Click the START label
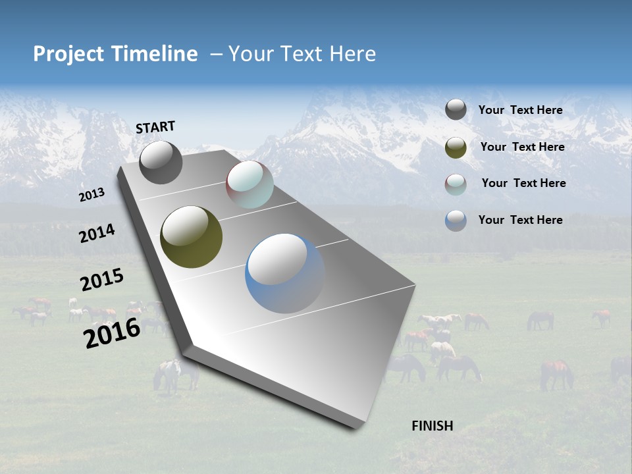tap(155, 127)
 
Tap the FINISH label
tap(432, 426)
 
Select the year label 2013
tap(92, 194)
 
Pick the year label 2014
tap(97, 233)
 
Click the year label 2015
tap(102, 280)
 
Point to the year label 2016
tap(112, 332)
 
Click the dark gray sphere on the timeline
tap(161, 162)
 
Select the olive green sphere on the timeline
tap(191, 237)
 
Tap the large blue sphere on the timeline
tap(284, 273)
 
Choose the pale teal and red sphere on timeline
tap(250, 184)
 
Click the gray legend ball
tap(456, 110)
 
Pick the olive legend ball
tap(456, 147)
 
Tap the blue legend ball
tap(456, 221)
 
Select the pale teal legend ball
tap(456, 184)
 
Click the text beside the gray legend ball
tap(520, 110)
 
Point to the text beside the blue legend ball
tap(520, 220)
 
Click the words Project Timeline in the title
tap(115, 54)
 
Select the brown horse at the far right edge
tap(556, 373)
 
